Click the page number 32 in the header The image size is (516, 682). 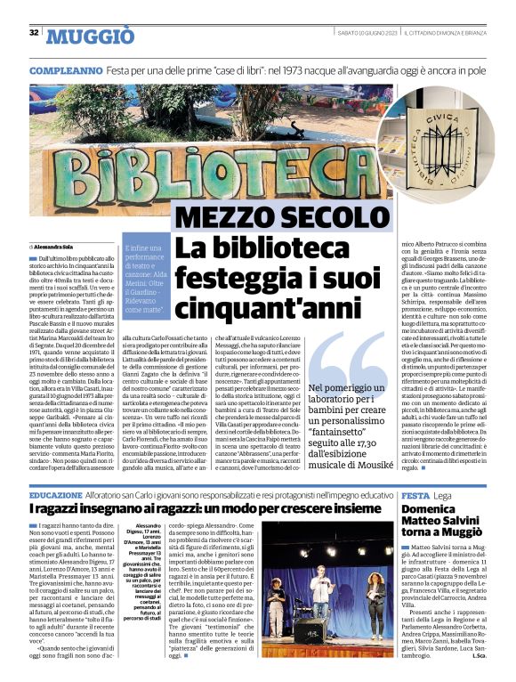pyautogui.click(x=34, y=33)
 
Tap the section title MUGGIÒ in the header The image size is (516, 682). pyautogui.click(x=90, y=35)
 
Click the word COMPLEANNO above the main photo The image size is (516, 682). pyautogui.click(x=63, y=69)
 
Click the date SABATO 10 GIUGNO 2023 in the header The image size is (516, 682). pyautogui.click(x=357, y=34)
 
